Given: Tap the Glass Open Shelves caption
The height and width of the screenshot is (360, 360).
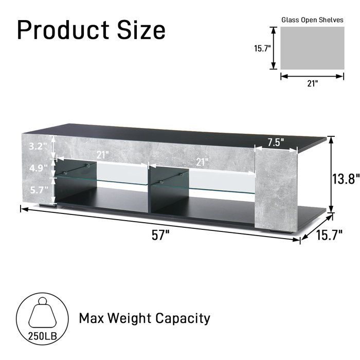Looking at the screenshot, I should [x=312, y=20].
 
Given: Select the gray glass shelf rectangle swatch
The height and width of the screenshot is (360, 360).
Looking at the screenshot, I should [x=312, y=48].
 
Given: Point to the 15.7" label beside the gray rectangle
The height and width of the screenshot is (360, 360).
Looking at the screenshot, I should [x=262, y=49].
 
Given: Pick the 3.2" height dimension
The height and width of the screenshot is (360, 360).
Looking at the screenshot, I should [x=38, y=146].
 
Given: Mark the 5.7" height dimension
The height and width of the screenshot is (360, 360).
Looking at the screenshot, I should [x=38, y=189].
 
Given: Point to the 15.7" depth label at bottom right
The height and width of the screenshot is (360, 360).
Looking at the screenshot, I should [x=329, y=236].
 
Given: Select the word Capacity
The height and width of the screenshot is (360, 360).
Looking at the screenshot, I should [x=180, y=318].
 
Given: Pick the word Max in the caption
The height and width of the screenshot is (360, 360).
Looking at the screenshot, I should [x=93, y=318].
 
